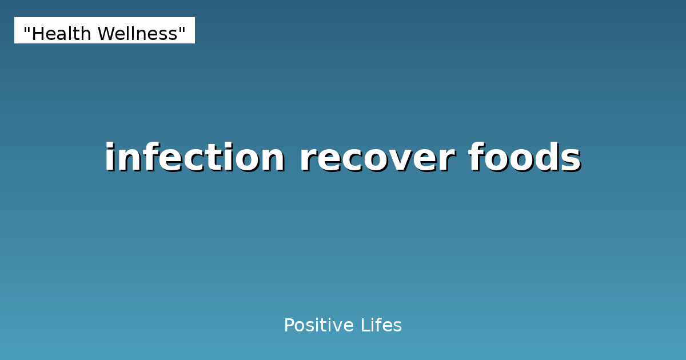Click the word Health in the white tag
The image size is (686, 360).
pyautogui.click(x=61, y=34)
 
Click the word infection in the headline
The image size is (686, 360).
pyautogui.click(x=194, y=158)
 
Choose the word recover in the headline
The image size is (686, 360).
pyautogui.click(x=377, y=158)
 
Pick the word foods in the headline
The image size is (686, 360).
pyautogui.click(x=525, y=158)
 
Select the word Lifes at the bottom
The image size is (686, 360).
pyautogui.click(x=381, y=326)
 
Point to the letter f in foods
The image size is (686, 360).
pyautogui.click(x=476, y=157)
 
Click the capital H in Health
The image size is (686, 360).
pyautogui.click(x=37, y=34)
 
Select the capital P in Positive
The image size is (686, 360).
pyautogui.click(x=288, y=326)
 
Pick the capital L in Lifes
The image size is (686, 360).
pyautogui.click(x=364, y=326)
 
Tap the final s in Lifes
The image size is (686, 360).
pyautogui.click(x=398, y=327)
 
